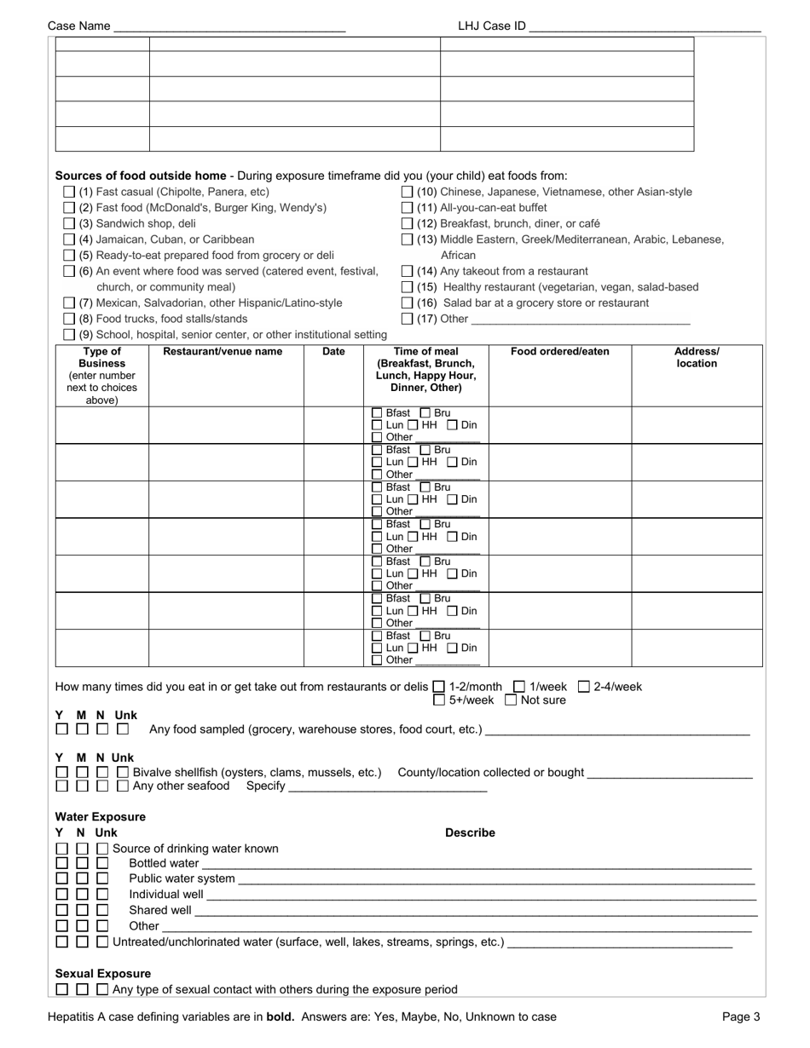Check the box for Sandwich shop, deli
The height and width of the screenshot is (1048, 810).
[70, 223]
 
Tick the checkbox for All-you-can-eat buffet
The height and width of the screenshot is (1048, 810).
[408, 208]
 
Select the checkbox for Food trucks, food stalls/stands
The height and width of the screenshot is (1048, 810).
[70, 319]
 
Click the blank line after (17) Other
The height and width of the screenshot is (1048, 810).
[580, 321]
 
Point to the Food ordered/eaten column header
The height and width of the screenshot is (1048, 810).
[560, 352]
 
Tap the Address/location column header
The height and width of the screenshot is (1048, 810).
[697, 358]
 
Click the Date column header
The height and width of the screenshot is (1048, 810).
[333, 352]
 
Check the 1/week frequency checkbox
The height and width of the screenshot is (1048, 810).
[519, 687]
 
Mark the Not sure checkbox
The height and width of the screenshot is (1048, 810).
[511, 701]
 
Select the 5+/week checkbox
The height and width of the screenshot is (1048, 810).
[439, 701]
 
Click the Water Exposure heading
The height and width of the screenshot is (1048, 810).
[101, 817]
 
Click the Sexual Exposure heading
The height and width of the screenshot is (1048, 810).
[103, 974]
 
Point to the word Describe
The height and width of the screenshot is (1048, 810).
[470, 833]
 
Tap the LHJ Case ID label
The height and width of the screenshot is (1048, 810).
[491, 26]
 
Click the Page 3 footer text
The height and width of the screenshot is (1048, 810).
[741, 1016]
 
